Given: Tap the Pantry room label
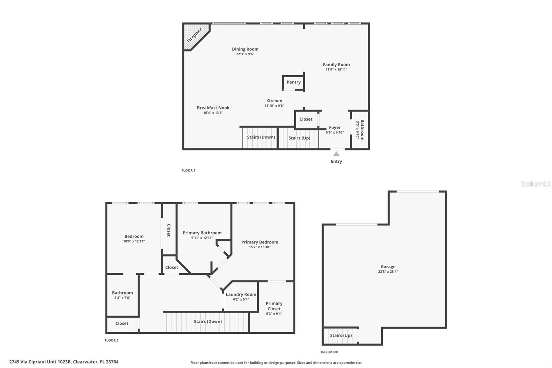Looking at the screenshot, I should tap(294, 82).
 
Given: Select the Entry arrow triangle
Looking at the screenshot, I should tap(336, 154).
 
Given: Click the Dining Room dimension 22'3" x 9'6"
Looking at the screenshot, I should tap(245, 54).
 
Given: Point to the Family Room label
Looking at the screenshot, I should tap(336, 65).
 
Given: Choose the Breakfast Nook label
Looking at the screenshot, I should tap(213, 108).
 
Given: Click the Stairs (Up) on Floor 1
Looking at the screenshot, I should tap(299, 138).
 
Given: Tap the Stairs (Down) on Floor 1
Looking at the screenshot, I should tap(261, 137).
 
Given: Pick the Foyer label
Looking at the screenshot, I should tap(335, 127).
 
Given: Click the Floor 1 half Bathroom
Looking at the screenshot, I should tap(360, 130).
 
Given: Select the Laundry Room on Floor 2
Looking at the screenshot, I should tap(241, 294).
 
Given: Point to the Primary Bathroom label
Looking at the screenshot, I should tap(202, 233).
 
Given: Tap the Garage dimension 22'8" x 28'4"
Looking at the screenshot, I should tap(388, 272).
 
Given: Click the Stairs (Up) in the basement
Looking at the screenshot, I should tap(341, 336).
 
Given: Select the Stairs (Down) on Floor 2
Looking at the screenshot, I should tap(208, 321).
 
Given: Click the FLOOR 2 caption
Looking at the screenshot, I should tap(111, 340).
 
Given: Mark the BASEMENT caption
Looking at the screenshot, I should tap(330, 352).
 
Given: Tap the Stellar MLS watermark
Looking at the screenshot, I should tap(535, 184).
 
